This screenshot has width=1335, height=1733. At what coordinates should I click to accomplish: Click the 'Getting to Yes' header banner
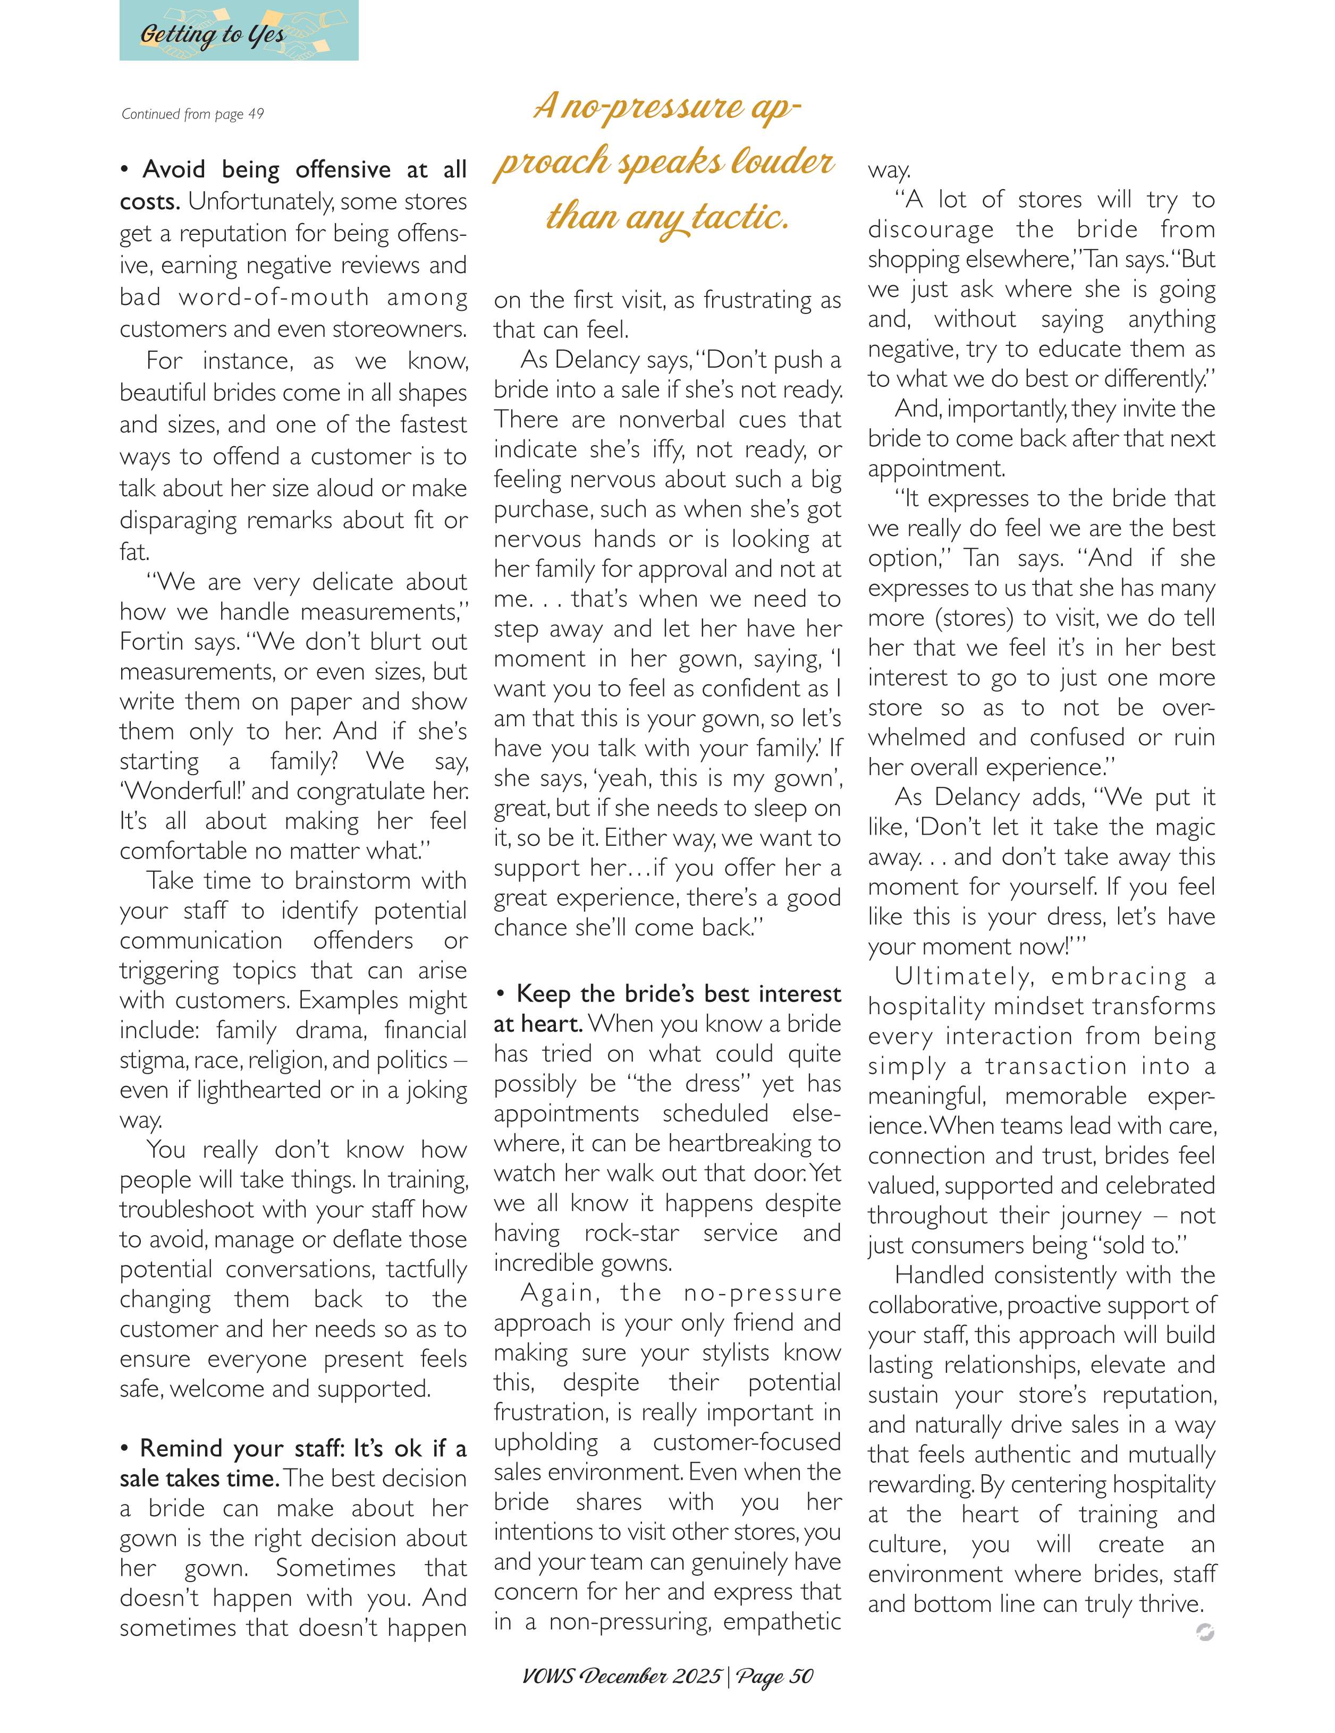coord(238,32)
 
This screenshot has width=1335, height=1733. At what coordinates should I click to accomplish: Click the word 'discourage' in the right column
coord(930,230)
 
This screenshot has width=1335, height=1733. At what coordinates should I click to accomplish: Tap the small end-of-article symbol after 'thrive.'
coord(1204,1632)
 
